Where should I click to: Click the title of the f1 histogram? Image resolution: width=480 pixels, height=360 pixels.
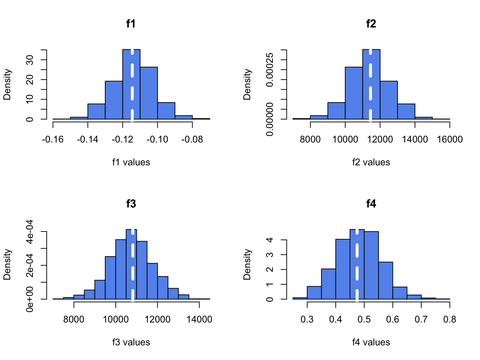pos(131,24)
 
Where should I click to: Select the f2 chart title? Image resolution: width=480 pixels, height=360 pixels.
pos(371,24)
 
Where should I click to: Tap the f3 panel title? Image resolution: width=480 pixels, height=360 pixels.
pos(131,204)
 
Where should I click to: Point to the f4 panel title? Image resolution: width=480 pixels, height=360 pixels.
pos(371,204)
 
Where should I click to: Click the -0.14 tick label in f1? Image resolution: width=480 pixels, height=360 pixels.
pos(87,139)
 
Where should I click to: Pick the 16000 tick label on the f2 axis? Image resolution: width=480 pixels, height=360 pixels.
pos(450,139)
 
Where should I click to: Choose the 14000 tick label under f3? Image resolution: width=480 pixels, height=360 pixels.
pos(199,319)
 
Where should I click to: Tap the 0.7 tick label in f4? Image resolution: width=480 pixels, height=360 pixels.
pos(421,319)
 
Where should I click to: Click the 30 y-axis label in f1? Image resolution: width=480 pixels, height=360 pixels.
pos(30,60)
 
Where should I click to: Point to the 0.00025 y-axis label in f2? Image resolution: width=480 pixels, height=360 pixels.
pos(270,70)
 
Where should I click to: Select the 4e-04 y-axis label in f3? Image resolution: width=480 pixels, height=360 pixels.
pos(30,231)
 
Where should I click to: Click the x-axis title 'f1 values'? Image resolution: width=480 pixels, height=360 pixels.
pos(131,162)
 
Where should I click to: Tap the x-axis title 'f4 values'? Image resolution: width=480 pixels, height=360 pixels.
pos(371,342)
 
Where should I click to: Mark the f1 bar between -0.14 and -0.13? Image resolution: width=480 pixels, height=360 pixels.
pos(96,111)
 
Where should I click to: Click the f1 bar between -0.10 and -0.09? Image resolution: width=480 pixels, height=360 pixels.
pos(166,111)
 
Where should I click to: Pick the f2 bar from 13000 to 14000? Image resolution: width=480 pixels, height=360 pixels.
pos(406,111)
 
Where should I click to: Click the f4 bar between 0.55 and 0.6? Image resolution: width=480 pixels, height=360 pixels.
pos(385,280)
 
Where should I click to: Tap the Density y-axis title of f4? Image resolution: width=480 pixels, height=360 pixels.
pos(247,264)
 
